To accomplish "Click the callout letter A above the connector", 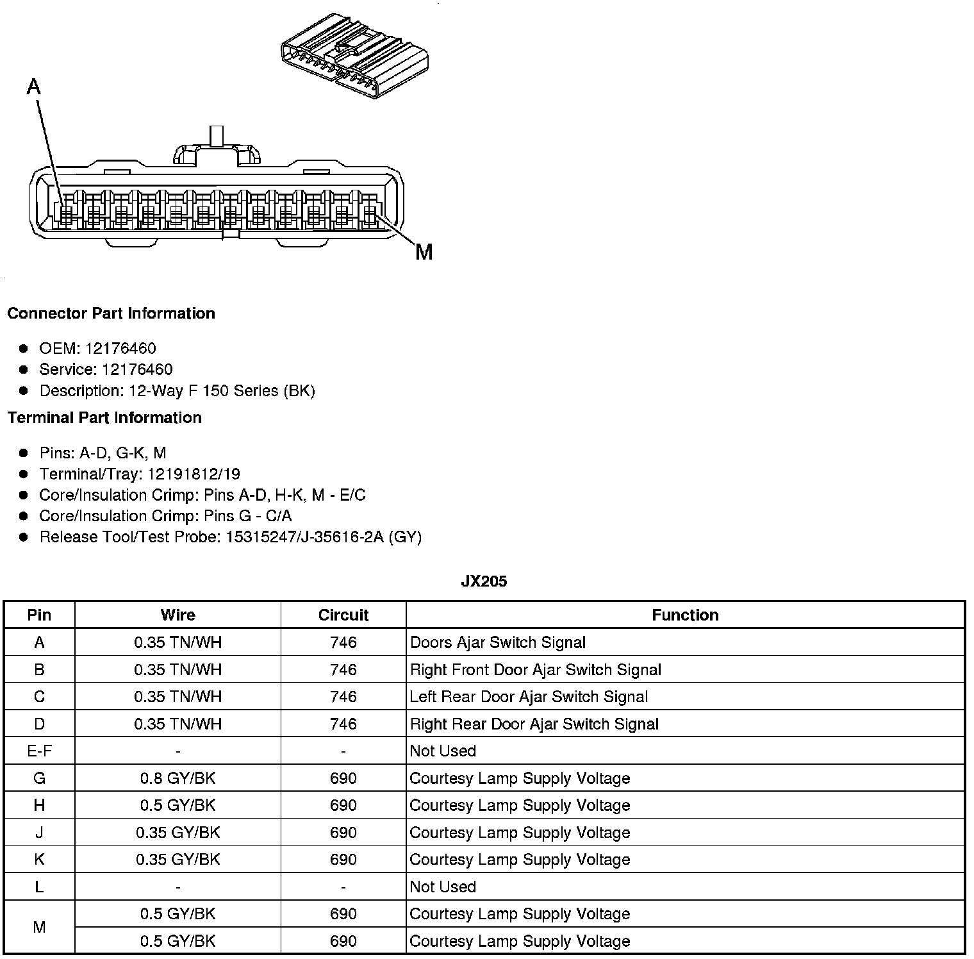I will tap(34, 86).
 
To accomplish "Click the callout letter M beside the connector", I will tap(424, 252).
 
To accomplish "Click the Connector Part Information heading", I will tap(111, 313).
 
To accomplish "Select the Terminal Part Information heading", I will tap(104, 418).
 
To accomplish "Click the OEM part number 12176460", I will tap(120, 349).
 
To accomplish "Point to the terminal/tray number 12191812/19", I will tap(194, 474).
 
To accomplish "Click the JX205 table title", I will tap(484, 581).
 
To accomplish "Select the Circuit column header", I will tap(343, 615).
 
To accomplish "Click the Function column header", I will tap(685, 615).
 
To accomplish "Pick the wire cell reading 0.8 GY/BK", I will tap(177, 778).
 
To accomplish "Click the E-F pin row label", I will tap(39, 751).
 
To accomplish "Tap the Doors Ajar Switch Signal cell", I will tap(498, 642).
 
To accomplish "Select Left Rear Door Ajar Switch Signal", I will tap(529, 697).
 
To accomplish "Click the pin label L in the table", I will tap(39, 887).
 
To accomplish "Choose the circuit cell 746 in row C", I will tap(343, 697).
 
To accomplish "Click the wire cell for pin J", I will tap(177, 833).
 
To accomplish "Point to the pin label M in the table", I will tap(39, 927).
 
